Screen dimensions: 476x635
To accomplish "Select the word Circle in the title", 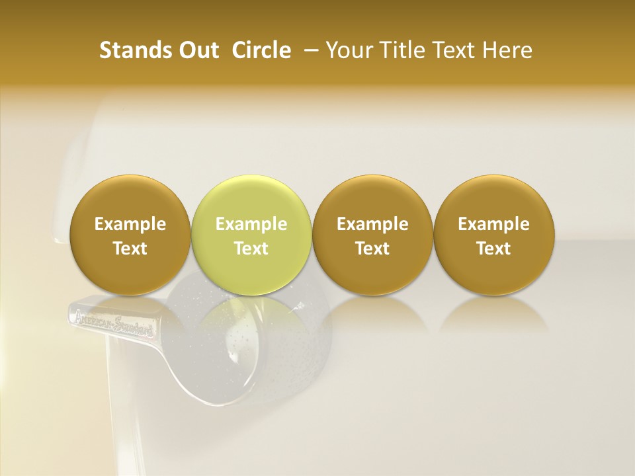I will point(261,50).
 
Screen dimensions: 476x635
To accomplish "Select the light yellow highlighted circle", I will point(251,235).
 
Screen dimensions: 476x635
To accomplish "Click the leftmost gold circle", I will point(130,235).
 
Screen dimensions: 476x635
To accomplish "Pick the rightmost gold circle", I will point(494,235).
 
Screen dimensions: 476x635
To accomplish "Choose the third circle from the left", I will point(372,235).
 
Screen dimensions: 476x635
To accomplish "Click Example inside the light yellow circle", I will point(251,224).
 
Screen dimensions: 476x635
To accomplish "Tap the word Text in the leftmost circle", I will point(130,249).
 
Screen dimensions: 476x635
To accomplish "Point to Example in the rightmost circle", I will point(494,224).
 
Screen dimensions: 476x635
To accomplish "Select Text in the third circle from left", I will point(372,249).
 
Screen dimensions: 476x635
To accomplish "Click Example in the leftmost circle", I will point(130,224).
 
